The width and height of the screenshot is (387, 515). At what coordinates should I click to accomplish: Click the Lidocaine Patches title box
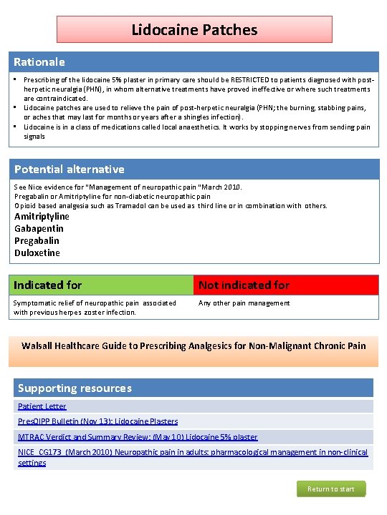point(194,30)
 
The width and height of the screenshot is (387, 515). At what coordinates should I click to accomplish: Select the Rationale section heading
point(39,62)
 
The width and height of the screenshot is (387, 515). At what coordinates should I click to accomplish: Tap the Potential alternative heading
point(70,170)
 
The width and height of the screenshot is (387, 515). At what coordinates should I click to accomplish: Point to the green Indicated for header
point(48,285)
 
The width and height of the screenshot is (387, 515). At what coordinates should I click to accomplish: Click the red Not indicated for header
point(244,285)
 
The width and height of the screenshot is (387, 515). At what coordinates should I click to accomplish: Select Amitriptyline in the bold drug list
point(42,217)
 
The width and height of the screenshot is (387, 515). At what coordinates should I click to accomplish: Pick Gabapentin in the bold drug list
point(39,229)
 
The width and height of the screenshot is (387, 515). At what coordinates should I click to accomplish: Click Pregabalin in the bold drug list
point(39,241)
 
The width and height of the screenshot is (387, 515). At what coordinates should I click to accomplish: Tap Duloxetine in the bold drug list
point(37,253)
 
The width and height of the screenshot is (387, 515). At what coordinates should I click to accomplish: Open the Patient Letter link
point(42,406)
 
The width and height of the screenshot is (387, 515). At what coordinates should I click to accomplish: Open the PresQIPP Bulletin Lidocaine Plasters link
point(97,421)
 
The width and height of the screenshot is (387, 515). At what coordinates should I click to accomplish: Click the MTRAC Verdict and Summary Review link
point(138,437)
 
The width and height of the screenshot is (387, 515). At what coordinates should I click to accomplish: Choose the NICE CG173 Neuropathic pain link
point(192,453)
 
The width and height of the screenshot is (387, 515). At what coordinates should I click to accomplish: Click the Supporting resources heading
point(75,388)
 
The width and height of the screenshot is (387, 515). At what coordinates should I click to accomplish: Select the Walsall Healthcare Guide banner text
point(193,346)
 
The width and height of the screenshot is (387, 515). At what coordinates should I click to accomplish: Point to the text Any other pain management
point(244,303)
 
